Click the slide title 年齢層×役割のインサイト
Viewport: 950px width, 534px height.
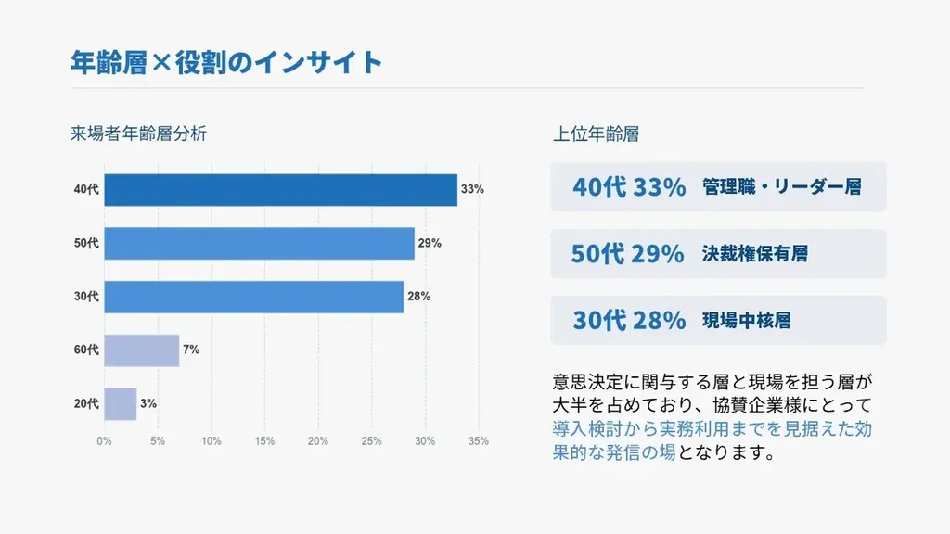click(x=226, y=62)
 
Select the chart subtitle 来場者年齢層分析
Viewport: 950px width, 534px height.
click(x=138, y=133)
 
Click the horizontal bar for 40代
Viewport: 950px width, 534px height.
click(x=280, y=190)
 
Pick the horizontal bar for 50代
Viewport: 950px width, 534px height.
click(x=259, y=243)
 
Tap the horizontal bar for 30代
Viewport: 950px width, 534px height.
click(x=253, y=297)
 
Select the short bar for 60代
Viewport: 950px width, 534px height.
click(x=141, y=350)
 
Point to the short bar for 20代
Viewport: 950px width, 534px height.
click(x=120, y=403)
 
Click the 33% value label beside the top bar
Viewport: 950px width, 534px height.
click(x=472, y=190)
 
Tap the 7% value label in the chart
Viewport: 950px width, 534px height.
click(x=191, y=350)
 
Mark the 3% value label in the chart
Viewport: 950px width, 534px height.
click(x=148, y=403)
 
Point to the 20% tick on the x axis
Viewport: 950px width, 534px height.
click(x=317, y=441)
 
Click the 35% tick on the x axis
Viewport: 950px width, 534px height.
click(x=478, y=441)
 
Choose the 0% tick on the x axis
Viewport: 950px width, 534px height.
click(x=104, y=441)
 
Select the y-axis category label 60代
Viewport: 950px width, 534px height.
click(x=86, y=350)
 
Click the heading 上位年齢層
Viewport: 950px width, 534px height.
click(x=596, y=133)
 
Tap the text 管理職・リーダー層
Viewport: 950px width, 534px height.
click(x=782, y=186)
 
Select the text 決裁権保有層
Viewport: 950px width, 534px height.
click(x=755, y=253)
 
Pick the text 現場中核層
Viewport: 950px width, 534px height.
click(x=747, y=321)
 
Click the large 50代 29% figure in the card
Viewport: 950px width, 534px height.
click(x=627, y=253)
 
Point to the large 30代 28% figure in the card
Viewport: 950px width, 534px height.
click(x=629, y=321)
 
